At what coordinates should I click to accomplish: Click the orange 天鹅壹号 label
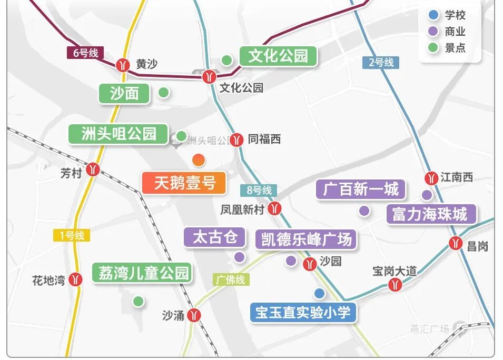[x=184, y=183]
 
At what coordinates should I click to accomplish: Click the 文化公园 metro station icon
[x=209, y=77]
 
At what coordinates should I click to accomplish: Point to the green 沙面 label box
[x=124, y=94]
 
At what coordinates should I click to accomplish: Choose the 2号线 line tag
[x=381, y=62]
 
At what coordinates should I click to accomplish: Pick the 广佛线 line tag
[x=231, y=279]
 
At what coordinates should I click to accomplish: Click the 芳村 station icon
[x=93, y=169]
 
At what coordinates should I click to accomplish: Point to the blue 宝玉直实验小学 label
[x=303, y=313]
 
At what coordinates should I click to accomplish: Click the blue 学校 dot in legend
[x=433, y=15]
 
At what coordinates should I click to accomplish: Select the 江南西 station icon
[x=431, y=178]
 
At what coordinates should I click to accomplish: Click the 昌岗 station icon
[x=456, y=243]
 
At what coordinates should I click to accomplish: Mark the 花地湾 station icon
[x=77, y=279]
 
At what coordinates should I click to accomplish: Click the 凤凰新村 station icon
[x=274, y=209]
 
